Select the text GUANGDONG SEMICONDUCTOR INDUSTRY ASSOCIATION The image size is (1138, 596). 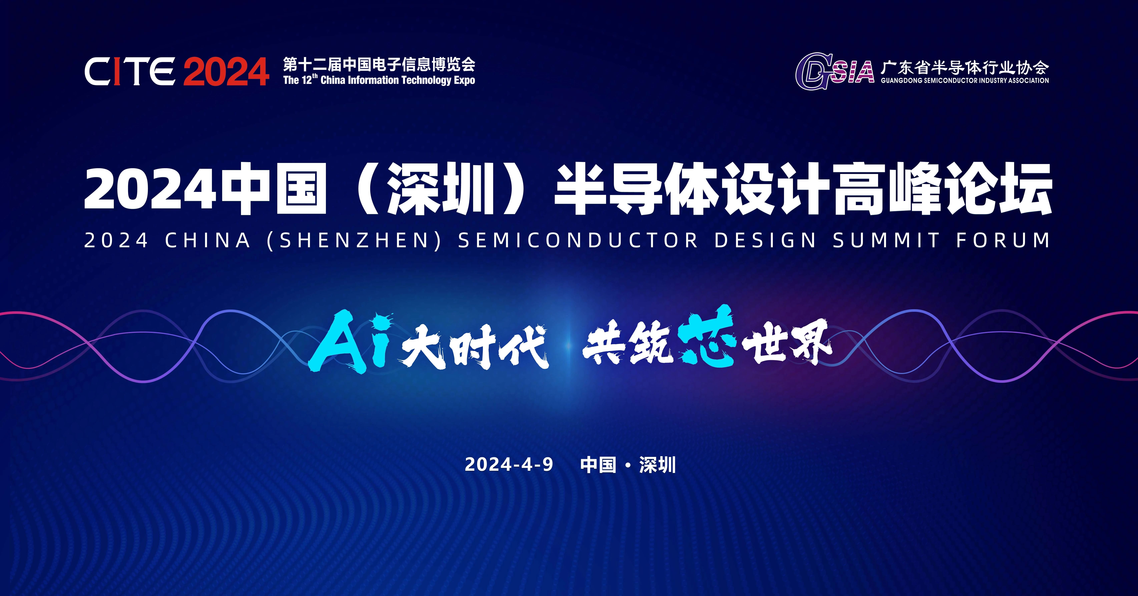click(x=964, y=80)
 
